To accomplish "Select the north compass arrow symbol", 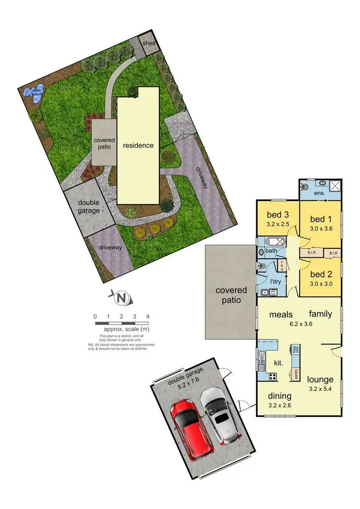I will tap(122, 299).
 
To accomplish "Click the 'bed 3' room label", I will tap(276, 214).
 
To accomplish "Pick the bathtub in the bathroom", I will tap(271, 242).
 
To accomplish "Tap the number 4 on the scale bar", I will tap(148, 316).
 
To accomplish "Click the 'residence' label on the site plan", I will tap(138, 145).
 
